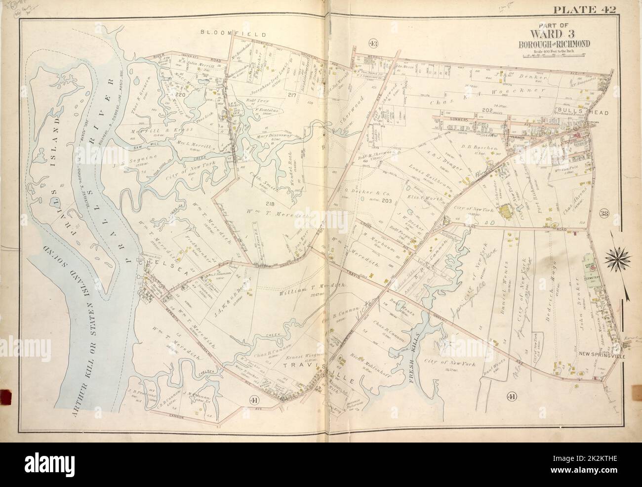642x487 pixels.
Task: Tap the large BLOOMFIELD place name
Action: [x=233, y=35]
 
